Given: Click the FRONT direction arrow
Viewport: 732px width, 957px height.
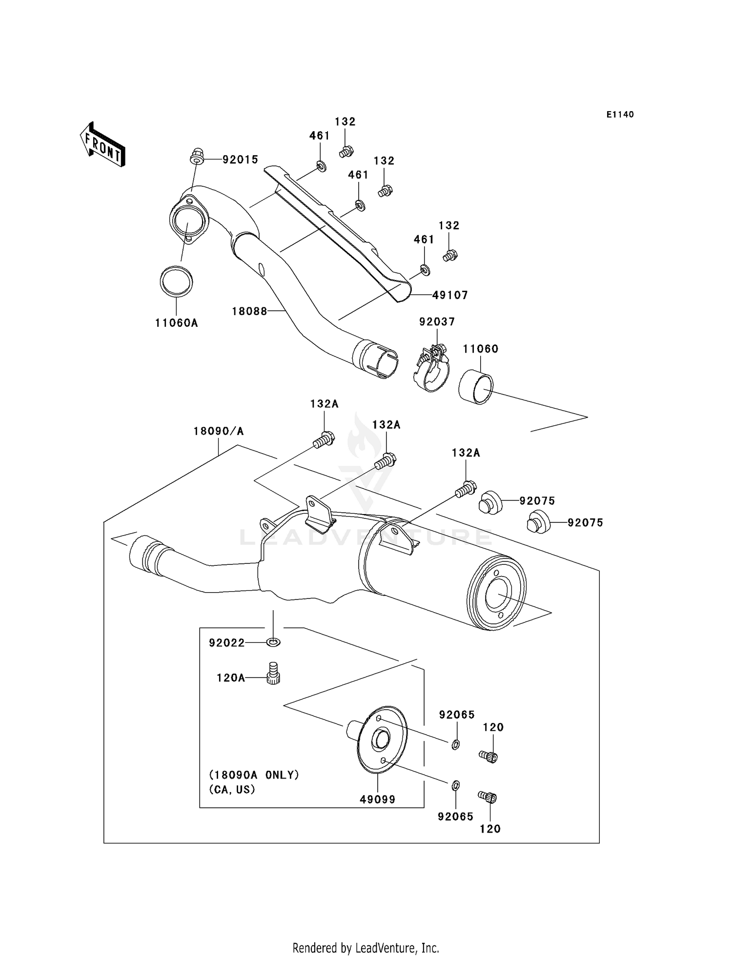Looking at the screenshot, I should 102,145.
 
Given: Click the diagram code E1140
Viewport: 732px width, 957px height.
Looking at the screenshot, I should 620,115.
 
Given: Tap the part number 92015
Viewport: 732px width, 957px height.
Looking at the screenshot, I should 240,159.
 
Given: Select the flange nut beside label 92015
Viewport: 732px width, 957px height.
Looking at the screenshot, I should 197,156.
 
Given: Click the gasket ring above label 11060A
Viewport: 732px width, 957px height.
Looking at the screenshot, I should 176,281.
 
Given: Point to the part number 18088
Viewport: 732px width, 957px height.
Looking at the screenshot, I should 249,311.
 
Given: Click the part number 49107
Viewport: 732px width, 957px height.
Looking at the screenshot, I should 450,295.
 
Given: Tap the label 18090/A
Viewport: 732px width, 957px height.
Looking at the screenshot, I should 218,431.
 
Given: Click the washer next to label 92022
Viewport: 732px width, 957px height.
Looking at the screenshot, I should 274,642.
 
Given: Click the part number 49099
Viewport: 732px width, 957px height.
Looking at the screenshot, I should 377,799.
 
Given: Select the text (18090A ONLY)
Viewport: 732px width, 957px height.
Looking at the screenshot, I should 254,775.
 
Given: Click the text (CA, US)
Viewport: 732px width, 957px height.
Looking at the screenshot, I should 232,789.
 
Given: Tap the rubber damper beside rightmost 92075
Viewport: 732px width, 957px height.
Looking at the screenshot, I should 538,522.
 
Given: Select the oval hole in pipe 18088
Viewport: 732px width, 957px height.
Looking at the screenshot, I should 262,269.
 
